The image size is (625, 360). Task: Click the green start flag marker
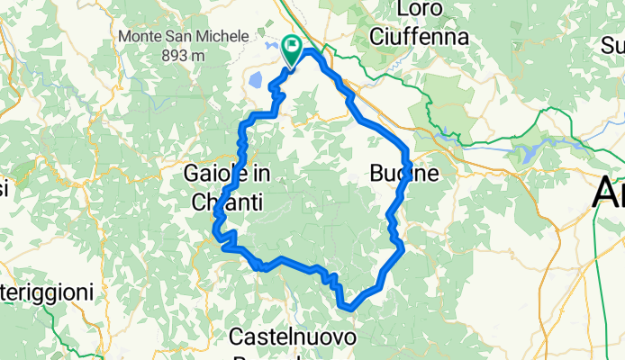tap(293, 48)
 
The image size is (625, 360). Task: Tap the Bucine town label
tap(403, 173)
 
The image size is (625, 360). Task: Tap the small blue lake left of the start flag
tap(258, 80)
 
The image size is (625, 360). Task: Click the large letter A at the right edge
tap(610, 193)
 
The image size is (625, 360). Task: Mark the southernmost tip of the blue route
tap(349, 307)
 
